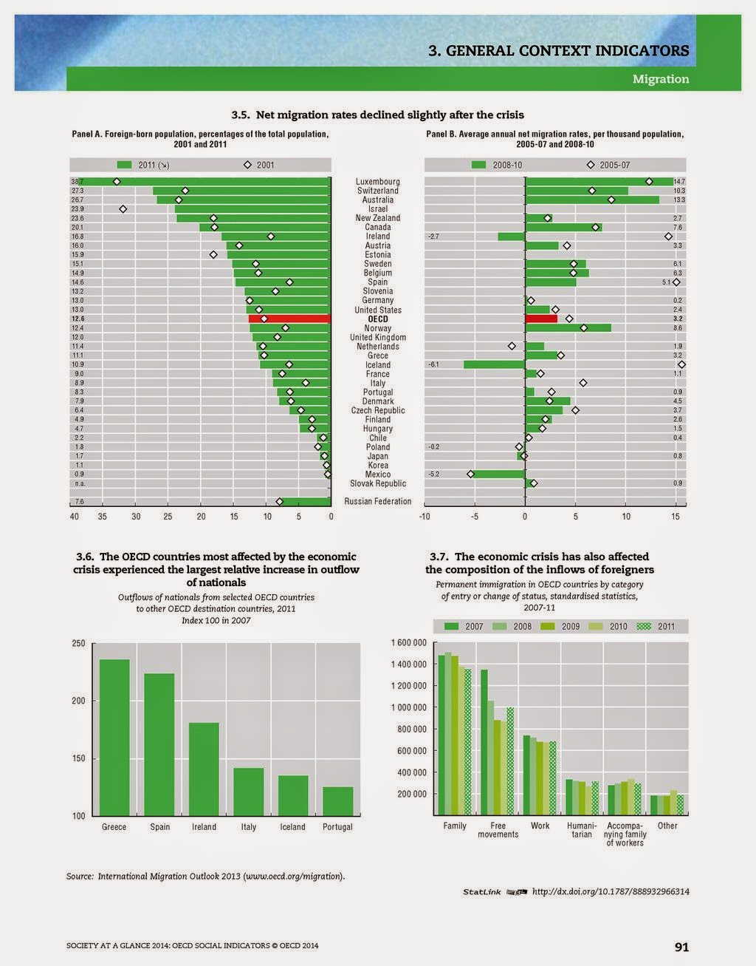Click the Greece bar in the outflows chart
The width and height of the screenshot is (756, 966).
[114, 737]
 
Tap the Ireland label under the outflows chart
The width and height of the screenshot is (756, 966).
[204, 827]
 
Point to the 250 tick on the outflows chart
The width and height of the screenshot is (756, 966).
[78, 644]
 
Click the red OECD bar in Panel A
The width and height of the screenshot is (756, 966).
[289, 319]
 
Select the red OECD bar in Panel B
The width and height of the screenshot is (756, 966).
[541, 319]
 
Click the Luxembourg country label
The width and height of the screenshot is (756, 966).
[377, 182]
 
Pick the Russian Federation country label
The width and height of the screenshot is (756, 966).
[377, 501]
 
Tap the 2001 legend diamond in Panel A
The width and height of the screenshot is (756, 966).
[248, 165]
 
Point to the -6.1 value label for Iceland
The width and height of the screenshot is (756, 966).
[434, 364]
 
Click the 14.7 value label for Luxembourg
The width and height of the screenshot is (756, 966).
[679, 182]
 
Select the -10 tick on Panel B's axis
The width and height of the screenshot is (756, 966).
[425, 516]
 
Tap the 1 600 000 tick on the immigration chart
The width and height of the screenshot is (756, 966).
[408, 643]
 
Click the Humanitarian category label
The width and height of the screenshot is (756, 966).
[582, 830]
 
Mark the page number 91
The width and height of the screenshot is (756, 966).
[681, 947]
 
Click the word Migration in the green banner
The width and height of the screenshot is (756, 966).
[660, 79]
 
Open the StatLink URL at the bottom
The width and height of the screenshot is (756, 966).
[611, 891]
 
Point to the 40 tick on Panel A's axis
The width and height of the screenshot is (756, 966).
[75, 516]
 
